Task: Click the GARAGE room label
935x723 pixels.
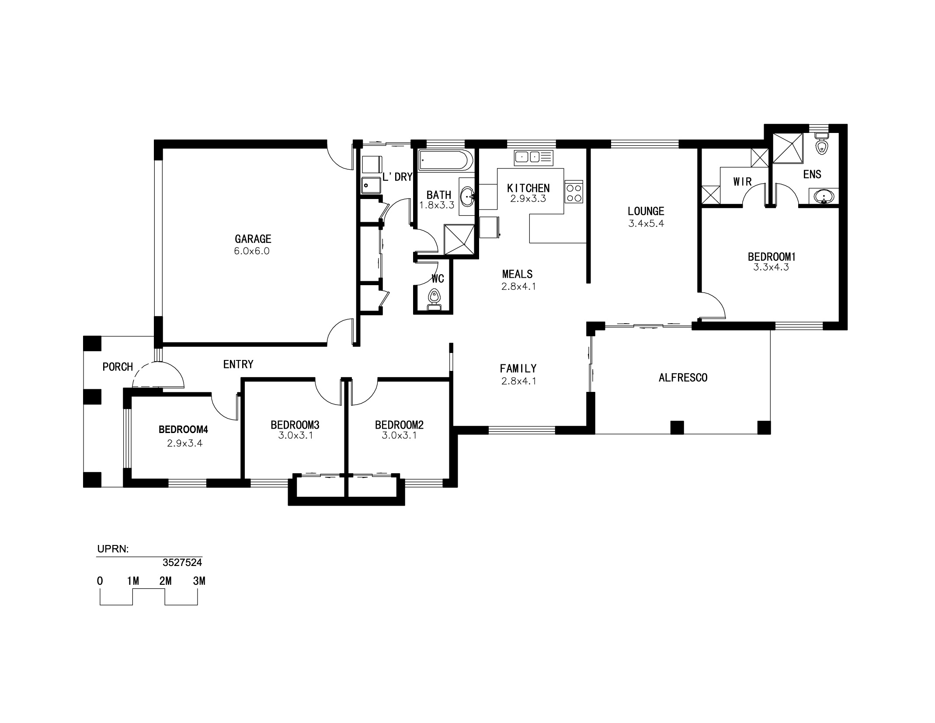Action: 253,239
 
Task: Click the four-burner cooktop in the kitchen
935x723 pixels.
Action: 574,192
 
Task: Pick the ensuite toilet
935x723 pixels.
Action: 822,143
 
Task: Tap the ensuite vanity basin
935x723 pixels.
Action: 824,196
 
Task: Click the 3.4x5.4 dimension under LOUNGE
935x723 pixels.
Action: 646,223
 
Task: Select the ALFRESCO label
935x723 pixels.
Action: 683,377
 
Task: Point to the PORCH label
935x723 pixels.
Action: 118,367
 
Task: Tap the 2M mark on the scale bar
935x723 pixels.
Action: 165,581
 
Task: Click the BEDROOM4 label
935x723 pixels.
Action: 183,430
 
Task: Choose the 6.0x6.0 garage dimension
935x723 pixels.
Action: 252,251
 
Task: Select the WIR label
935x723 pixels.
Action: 742,182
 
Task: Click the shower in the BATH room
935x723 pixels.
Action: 459,239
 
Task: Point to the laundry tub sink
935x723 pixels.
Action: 372,185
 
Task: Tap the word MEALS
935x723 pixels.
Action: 517,274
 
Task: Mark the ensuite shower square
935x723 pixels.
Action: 788,148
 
